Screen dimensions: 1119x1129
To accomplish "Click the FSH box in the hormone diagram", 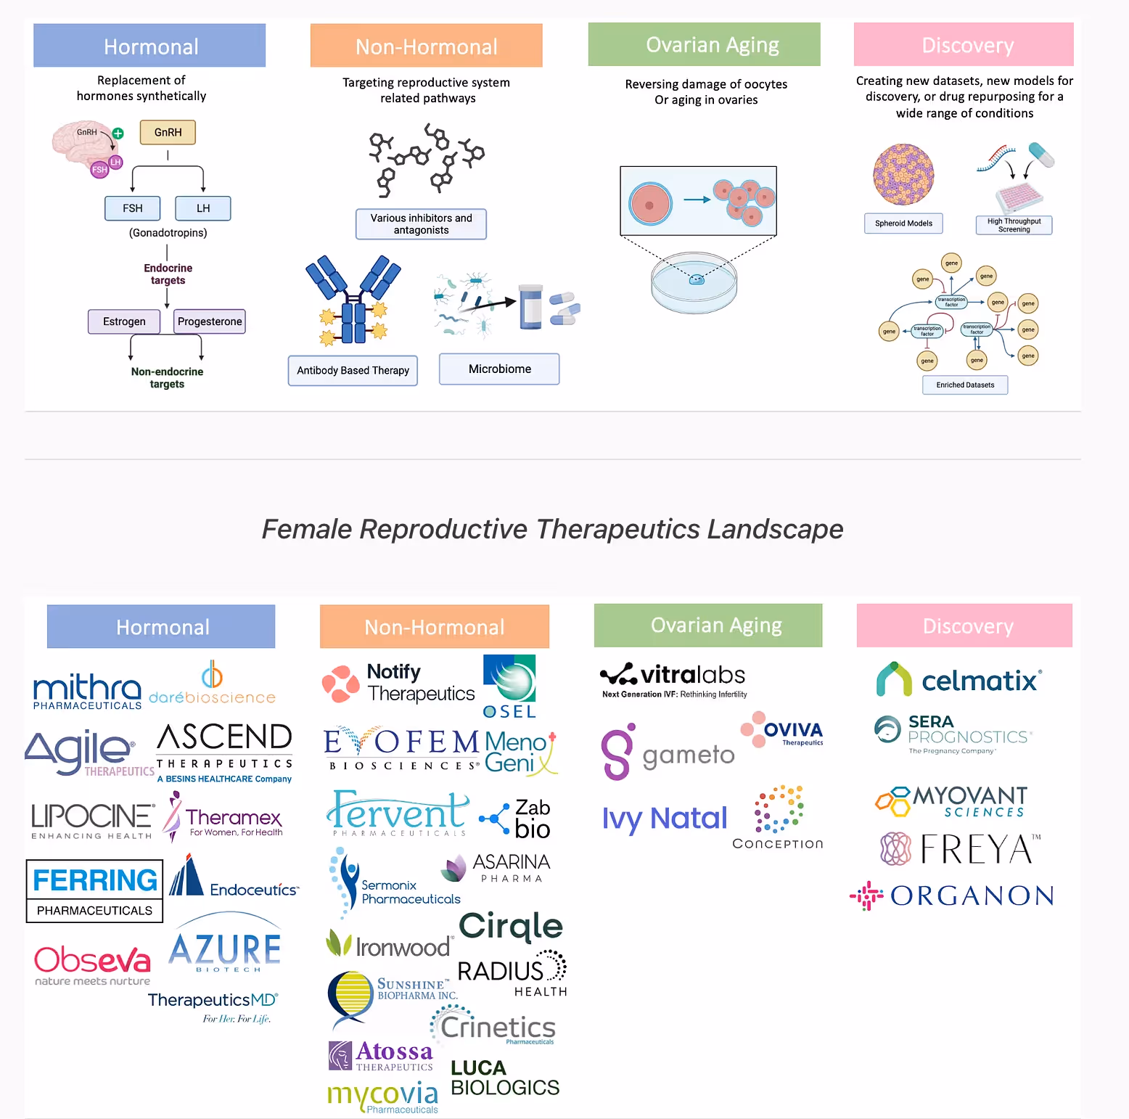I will tap(132, 208).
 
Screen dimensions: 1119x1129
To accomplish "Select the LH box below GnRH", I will tap(203, 208).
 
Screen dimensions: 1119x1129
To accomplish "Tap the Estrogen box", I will tap(124, 321).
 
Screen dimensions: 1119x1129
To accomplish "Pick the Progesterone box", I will tap(210, 321).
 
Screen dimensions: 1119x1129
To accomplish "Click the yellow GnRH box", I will tap(168, 132).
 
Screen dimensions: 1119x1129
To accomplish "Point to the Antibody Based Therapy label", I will tap(353, 370).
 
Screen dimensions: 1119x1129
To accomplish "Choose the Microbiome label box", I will tap(499, 369).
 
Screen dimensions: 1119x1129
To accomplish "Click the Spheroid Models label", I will tap(903, 224).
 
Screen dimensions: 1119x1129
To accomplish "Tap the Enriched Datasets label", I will tap(965, 385).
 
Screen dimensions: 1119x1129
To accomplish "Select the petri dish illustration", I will tap(694, 282).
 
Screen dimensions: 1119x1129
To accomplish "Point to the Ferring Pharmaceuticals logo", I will tap(94, 890).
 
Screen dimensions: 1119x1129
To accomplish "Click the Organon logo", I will tap(952, 896).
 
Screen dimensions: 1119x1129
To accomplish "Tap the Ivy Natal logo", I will tap(664, 819).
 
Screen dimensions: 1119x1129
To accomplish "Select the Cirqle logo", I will tap(511, 926).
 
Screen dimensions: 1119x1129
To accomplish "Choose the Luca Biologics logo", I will tap(505, 1078).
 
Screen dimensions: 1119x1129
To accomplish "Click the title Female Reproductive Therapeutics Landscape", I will tap(552, 529).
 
